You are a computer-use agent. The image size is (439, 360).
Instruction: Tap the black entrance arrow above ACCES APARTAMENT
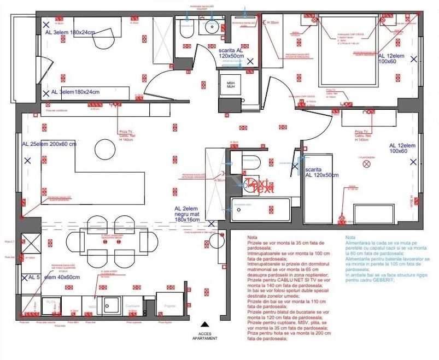[x=204, y=324]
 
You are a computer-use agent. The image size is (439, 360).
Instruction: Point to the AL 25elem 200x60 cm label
[x=49, y=144]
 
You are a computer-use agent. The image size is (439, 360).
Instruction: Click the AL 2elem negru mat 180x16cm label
[x=187, y=214]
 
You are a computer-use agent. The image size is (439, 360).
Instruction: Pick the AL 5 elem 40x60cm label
[x=50, y=277]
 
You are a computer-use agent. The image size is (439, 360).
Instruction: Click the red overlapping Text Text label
[x=259, y=186]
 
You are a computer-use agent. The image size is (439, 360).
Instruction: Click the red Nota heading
[x=252, y=238]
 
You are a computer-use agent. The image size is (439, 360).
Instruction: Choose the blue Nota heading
[x=350, y=238]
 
